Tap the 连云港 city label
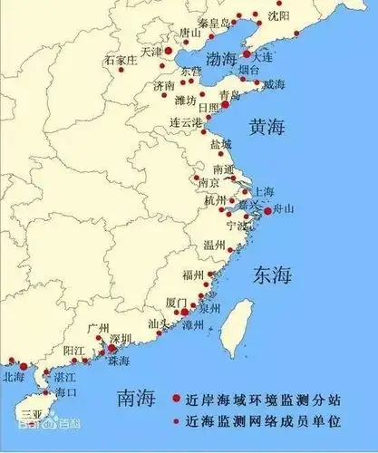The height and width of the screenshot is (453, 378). [x=188, y=121]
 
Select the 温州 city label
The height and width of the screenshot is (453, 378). [x=214, y=245]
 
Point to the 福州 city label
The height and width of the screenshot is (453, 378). [x=193, y=275]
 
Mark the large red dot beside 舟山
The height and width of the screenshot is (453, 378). [x=267, y=211]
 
